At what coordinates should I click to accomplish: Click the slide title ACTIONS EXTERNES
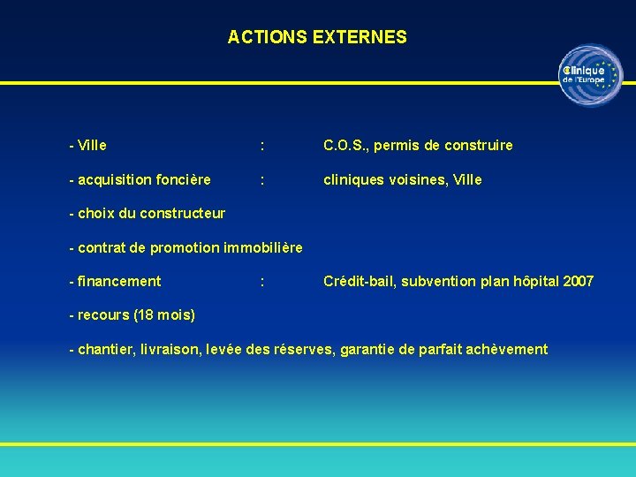click(x=317, y=37)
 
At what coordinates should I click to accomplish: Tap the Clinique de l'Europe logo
click(x=590, y=75)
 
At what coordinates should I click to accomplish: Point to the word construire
click(x=477, y=145)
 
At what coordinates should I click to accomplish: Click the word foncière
click(x=180, y=179)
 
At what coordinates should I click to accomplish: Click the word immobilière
click(x=263, y=247)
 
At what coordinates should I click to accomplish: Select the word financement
click(x=119, y=281)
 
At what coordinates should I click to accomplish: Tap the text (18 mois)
click(x=164, y=315)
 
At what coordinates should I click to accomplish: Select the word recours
click(x=103, y=315)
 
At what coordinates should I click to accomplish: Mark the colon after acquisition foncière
click(x=261, y=179)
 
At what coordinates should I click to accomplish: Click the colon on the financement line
click(x=261, y=281)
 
